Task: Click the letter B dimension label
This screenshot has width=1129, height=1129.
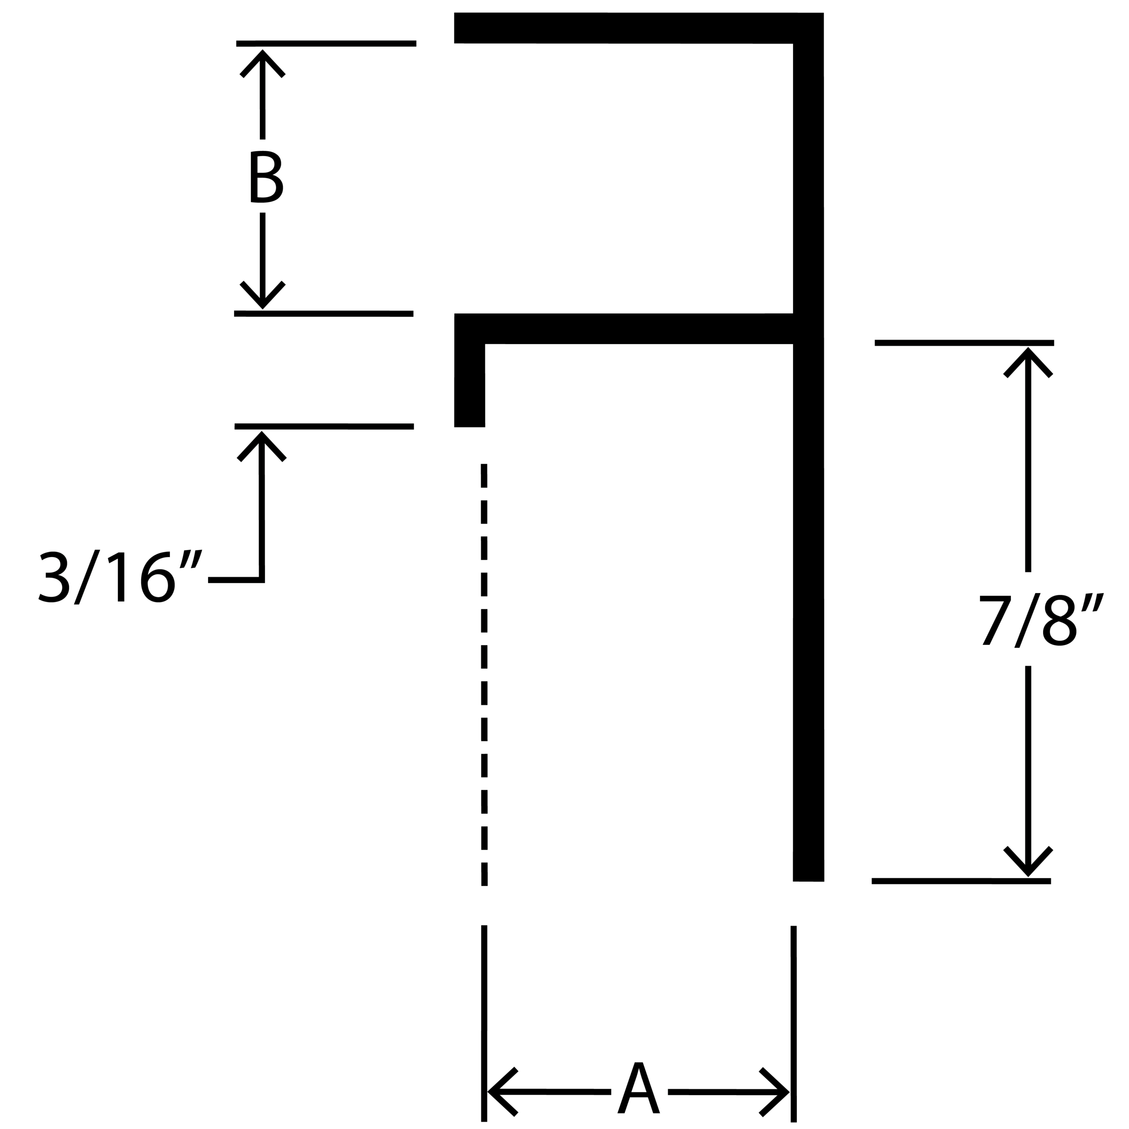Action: click(266, 176)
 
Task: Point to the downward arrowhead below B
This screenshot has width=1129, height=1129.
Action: click(262, 295)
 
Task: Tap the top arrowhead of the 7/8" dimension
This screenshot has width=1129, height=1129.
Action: click(1028, 363)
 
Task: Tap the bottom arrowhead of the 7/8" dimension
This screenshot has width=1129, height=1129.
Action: click(1028, 861)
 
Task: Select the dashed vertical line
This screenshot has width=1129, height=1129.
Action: click(484, 675)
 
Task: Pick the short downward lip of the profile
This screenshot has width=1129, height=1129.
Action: click(470, 386)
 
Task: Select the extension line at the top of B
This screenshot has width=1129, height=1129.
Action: click(326, 43)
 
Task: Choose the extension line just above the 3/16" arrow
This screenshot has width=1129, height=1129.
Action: click(324, 426)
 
